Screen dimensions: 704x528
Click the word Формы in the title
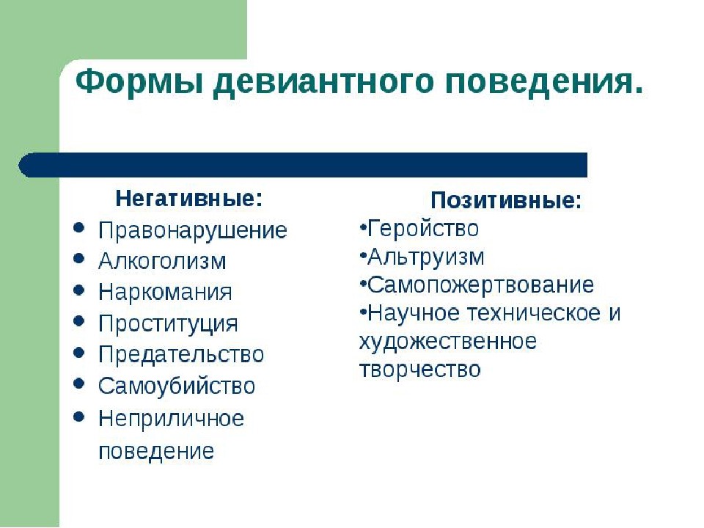point(139,81)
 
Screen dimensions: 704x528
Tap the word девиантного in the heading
point(323,83)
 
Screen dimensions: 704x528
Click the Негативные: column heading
point(189,198)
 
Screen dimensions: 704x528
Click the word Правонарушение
point(193,231)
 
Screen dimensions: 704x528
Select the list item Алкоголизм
point(162,261)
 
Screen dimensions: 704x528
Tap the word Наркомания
point(165,292)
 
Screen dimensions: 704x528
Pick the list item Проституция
point(168,323)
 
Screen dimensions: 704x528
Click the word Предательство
point(181,354)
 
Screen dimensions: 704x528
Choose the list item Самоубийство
point(177,386)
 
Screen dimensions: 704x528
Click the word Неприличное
point(171,419)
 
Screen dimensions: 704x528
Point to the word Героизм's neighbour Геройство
point(423,228)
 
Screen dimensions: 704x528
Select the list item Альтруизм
point(425,257)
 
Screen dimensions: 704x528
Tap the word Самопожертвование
point(480,285)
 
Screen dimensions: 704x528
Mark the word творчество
point(419,370)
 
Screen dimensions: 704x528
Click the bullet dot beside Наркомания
point(78,291)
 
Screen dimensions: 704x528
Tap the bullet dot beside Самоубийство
point(78,384)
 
